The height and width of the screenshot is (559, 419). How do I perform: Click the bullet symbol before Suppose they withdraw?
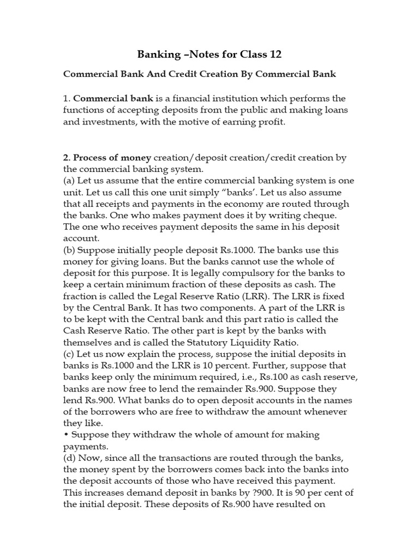point(66,435)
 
